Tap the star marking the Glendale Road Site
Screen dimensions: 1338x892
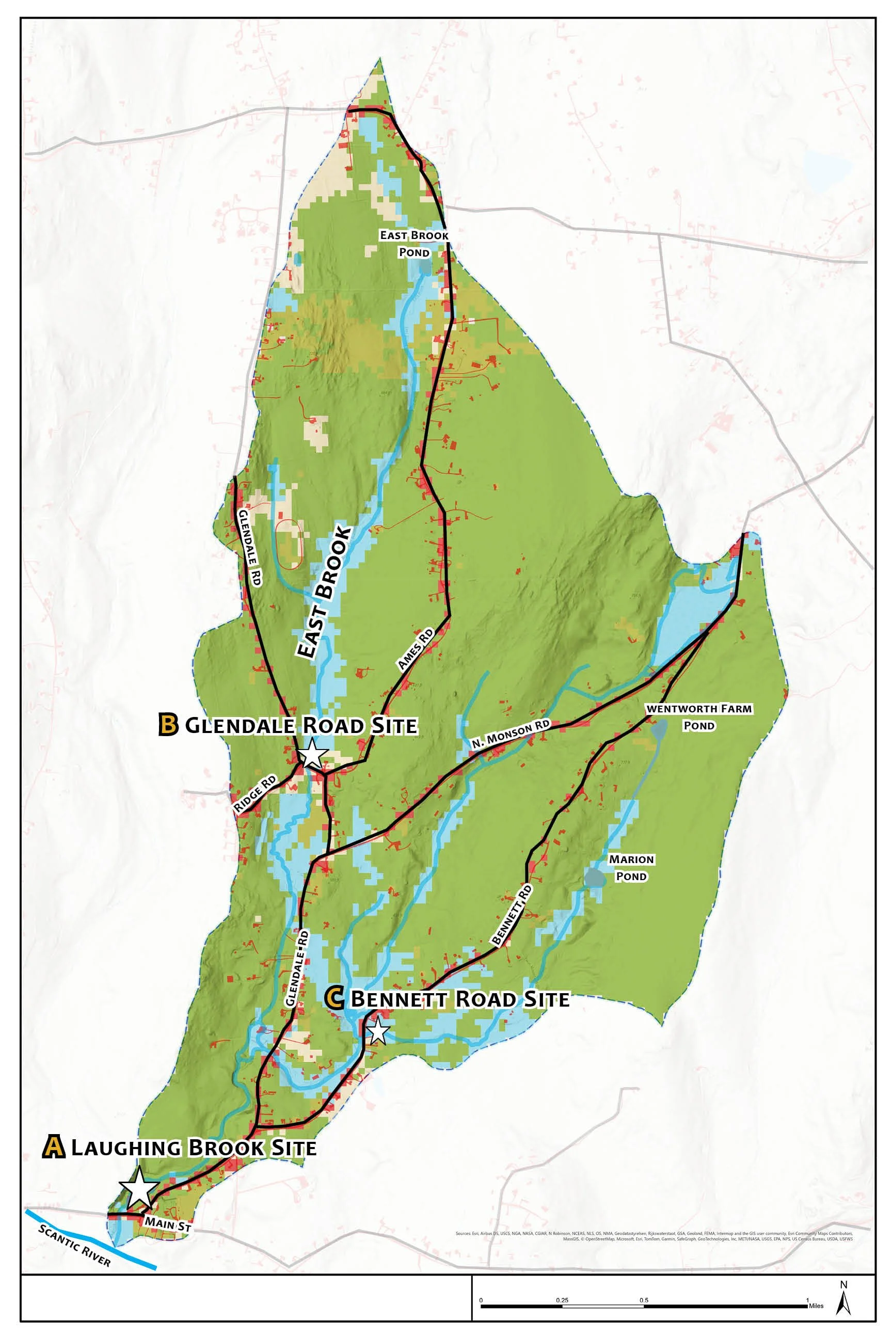[x=312, y=755]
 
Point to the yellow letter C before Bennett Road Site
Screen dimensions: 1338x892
[x=334, y=998]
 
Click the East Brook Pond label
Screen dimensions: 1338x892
[x=414, y=244]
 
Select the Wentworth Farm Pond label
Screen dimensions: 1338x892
[x=699, y=717]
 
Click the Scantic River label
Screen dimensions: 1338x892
[x=74, y=1245]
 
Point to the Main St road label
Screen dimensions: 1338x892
[x=167, y=1223]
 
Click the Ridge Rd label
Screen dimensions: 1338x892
[x=255, y=793]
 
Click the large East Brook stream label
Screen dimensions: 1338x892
[x=325, y=592]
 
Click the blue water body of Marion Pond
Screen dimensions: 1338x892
[x=595, y=878]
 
